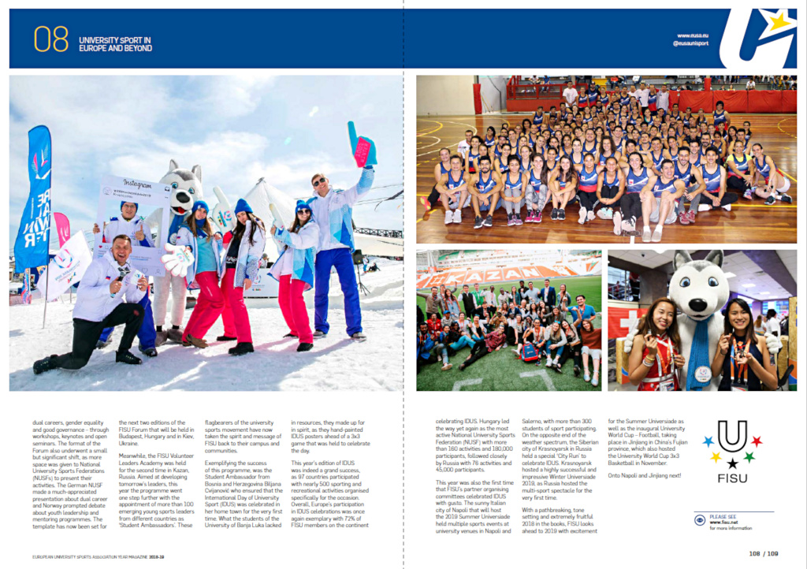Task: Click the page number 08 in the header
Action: (x=51, y=39)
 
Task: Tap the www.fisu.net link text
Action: (x=723, y=522)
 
